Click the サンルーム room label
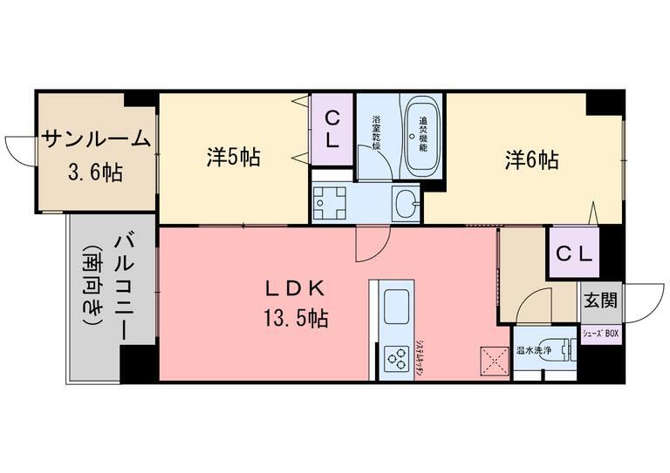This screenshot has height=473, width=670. coord(97,139)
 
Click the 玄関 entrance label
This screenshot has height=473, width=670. coord(599,301)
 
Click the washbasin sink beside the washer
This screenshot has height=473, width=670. coord(406,203)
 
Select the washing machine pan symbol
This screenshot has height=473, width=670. coord(331,204)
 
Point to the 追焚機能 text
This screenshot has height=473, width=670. coord(423,134)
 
